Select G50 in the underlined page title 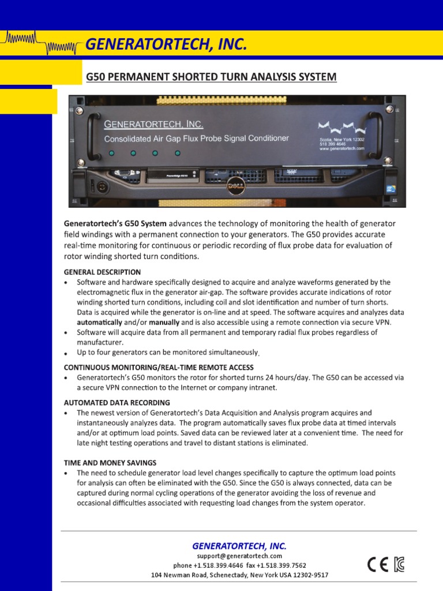[x=96, y=77]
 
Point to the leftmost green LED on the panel [x=111, y=154]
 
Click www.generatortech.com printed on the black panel [x=342, y=148]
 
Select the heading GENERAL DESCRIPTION [x=102, y=272]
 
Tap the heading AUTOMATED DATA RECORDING [x=117, y=402]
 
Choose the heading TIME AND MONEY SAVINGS [x=110, y=462]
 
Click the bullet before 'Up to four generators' [x=66, y=353]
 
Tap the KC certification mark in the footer [x=399, y=564]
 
